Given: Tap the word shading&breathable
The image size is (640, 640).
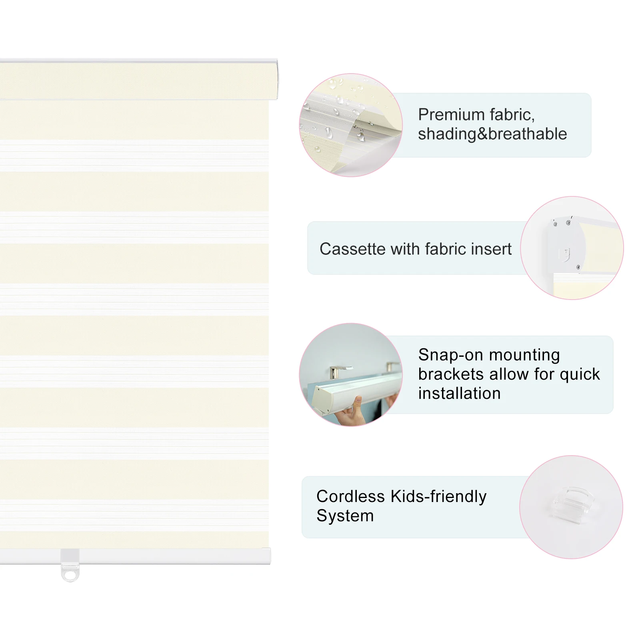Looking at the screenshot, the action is click(492, 134).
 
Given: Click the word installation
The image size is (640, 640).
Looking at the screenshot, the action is click(460, 393).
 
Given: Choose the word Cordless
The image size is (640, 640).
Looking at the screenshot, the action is click(350, 496).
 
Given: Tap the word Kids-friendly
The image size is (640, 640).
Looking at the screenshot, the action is click(438, 496).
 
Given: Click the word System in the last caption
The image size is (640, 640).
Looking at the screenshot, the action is click(345, 516).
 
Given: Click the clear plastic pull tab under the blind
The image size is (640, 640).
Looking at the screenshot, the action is click(70, 565).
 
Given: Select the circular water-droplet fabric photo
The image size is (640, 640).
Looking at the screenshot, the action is click(351, 125).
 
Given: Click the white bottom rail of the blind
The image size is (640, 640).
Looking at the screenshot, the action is click(135, 556).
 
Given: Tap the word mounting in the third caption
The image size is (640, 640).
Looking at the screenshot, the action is click(524, 356).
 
